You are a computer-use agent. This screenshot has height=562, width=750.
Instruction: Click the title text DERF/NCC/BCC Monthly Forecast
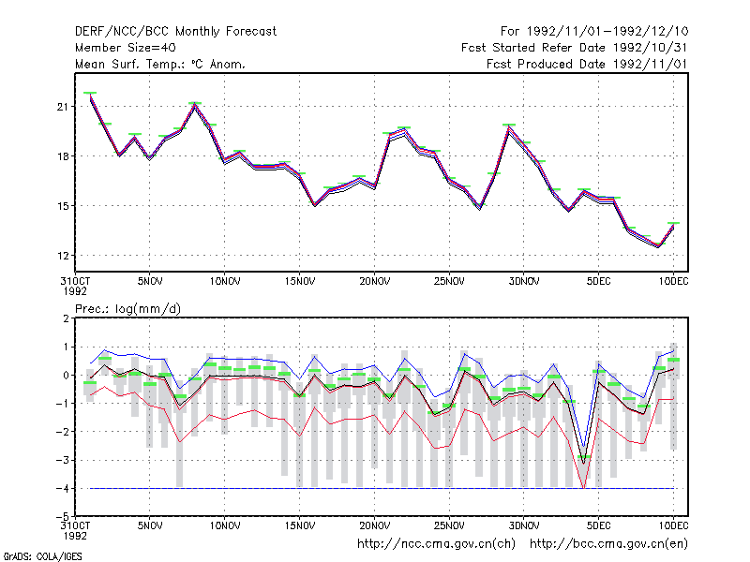175,32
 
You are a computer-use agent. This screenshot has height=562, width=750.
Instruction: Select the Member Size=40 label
126,48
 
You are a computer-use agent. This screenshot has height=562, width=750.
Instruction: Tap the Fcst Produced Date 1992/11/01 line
587,64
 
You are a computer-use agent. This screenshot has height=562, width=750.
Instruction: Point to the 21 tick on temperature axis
63,107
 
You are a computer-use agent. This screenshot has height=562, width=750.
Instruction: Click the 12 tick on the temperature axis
63,256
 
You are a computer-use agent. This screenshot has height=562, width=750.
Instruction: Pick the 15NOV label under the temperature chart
300,282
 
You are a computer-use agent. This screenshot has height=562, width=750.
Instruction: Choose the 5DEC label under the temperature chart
598,282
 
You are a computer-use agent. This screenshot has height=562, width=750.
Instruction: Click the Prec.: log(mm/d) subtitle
127,309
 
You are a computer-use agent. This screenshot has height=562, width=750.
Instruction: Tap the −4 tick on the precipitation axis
62,488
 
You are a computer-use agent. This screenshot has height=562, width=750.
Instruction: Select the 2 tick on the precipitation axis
66,318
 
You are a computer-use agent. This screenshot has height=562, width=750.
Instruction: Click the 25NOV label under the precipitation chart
449,525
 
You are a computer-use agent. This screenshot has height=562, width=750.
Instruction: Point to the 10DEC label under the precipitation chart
673,525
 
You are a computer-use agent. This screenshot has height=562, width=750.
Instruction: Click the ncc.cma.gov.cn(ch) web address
436,544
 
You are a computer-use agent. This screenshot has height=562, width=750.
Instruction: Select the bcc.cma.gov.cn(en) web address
608,544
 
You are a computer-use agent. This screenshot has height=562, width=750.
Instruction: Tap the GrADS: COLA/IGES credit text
42,556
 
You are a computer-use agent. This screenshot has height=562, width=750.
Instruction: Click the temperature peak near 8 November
195,105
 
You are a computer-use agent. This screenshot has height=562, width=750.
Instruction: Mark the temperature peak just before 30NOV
509,127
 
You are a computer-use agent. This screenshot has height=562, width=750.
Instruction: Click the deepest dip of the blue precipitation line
583,446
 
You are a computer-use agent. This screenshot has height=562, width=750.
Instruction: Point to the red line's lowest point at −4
583,488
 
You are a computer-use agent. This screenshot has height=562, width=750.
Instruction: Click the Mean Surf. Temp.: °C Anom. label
159,64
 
